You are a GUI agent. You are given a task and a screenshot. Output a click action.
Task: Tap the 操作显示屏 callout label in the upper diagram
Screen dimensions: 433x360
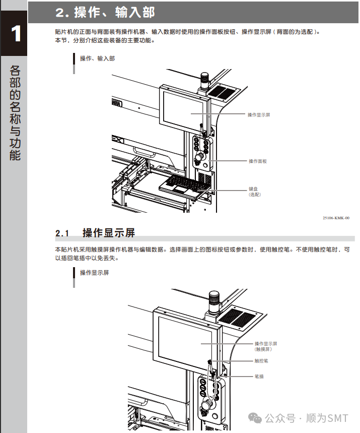(259, 115)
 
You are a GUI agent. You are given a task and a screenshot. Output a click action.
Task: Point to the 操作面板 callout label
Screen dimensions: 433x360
(257, 161)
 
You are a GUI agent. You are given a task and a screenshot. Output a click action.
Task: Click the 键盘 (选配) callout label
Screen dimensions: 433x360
(255, 191)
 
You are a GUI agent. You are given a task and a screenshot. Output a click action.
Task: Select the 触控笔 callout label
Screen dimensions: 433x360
(261, 361)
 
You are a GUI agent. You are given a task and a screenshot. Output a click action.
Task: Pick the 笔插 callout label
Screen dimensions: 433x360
(259, 377)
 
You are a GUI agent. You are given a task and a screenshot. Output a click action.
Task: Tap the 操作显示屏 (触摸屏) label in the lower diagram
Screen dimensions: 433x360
(266, 346)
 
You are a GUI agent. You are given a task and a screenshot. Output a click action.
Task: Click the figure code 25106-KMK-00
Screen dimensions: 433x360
(336, 218)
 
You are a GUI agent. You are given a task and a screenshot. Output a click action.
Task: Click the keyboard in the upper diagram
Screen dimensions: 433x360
(183, 183)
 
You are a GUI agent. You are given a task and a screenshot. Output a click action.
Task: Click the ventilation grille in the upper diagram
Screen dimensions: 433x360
(221, 92)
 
